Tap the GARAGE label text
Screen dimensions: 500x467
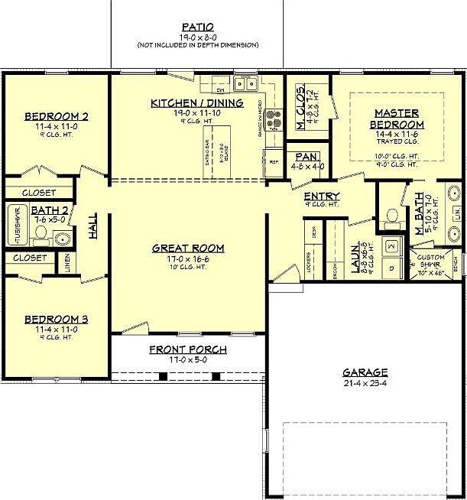pyautogui.click(x=365, y=372)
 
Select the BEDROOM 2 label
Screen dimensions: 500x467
pyautogui.click(x=57, y=116)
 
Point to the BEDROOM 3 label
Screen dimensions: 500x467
pyautogui.click(x=56, y=319)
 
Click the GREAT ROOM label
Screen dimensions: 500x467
pyautogui.click(x=187, y=248)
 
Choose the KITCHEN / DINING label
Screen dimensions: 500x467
pyautogui.click(x=197, y=102)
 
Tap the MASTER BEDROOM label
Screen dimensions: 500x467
pyautogui.click(x=397, y=119)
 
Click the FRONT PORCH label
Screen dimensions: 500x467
pyautogui.click(x=187, y=349)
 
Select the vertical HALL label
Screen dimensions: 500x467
pyautogui.click(x=92, y=226)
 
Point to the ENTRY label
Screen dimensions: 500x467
pyautogui.click(x=322, y=196)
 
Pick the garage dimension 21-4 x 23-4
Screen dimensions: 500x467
pyautogui.click(x=365, y=383)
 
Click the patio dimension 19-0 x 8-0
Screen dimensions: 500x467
pyautogui.click(x=197, y=36)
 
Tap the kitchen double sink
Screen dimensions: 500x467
pyautogui.click(x=245, y=83)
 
